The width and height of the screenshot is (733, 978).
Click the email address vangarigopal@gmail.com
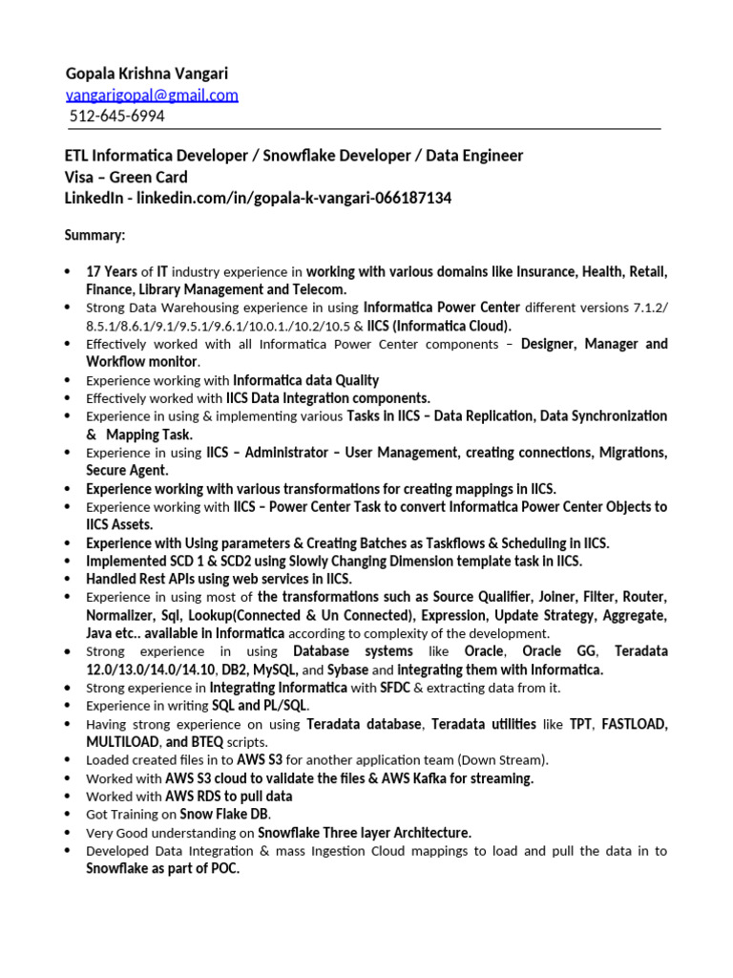(152, 95)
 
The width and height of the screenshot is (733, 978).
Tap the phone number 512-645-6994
(116, 117)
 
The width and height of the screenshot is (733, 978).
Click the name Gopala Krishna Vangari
(147, 74)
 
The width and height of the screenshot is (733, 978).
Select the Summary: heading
(94, 235)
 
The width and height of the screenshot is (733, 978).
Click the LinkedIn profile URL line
(258, 199)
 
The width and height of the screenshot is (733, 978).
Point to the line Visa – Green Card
(126, 177)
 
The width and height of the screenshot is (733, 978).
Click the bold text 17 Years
(112, 271)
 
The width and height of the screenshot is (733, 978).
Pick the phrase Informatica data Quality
(305, 380)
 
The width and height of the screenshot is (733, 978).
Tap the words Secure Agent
(127, 470)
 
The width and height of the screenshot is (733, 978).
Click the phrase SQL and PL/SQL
(260, 706)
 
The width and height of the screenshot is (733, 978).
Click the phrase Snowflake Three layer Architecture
(365, 833)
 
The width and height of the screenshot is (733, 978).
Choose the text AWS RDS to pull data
(229, 797)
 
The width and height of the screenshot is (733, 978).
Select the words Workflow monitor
(142, 362)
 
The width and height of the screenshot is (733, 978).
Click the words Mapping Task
(150, 435)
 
